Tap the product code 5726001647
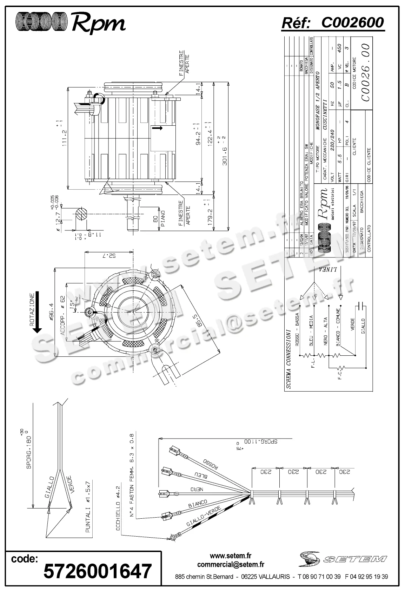98,571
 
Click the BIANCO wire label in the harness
198,504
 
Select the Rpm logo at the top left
70,23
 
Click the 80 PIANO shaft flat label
159,220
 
